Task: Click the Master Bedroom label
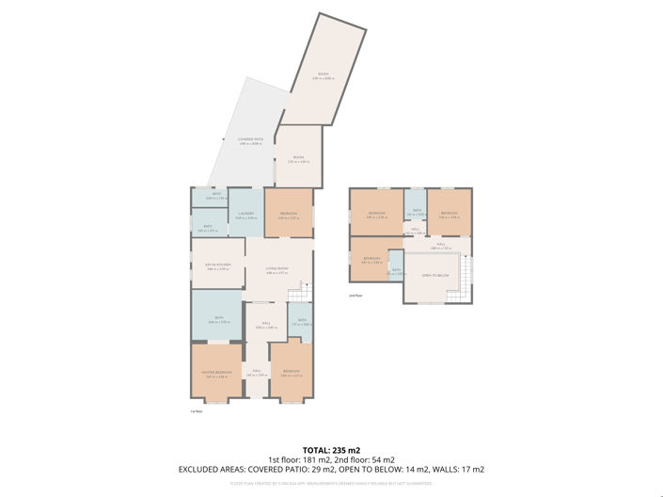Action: (216, 373)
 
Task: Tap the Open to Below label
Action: (434, 276)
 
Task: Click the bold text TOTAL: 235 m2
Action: (331, 450)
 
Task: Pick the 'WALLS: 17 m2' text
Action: (456, 469)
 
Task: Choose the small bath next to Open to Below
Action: (397, 271)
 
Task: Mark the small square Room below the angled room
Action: (298, 159)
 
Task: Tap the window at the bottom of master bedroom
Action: (216, 403)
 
